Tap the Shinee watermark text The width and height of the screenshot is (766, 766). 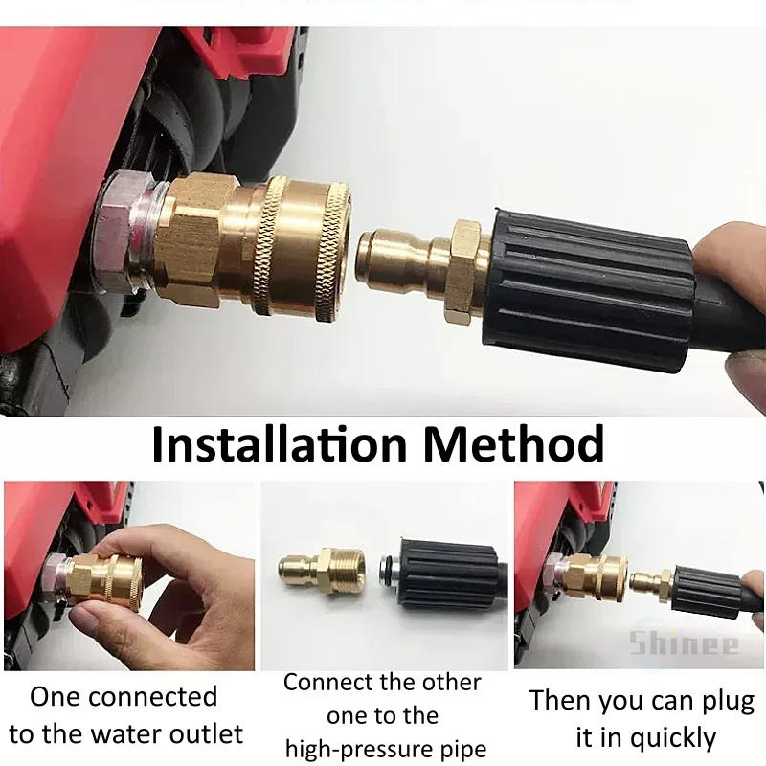click(684, 643)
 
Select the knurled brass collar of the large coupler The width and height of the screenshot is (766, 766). click(307, 246)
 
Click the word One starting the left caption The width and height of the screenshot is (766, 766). click(56, 696)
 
